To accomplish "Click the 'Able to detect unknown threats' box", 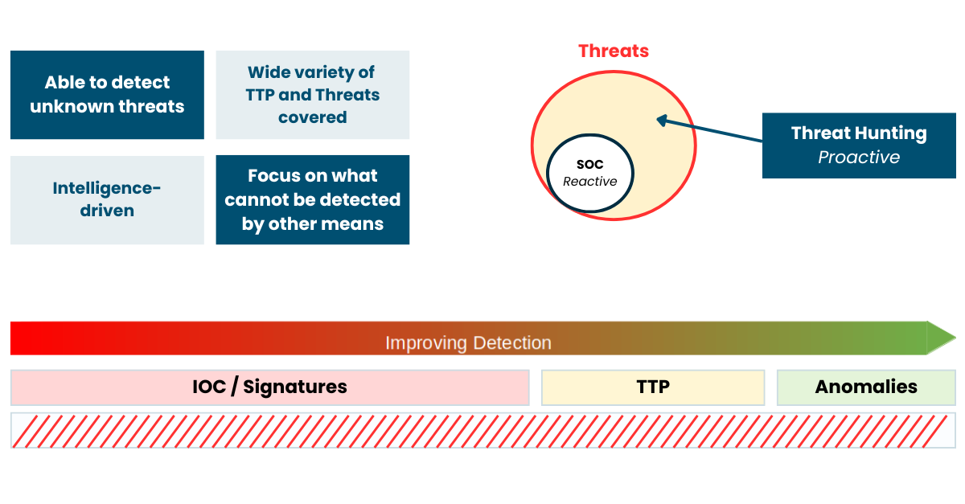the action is coord(107,95).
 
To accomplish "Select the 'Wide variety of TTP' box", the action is coord(313,95).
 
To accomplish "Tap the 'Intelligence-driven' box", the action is coord(107,200).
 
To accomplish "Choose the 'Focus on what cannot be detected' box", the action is coord(313,200).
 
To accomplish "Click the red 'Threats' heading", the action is coord(614,51).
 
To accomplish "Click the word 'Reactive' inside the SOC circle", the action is coord(590,182).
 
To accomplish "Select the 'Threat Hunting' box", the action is coord(859,145).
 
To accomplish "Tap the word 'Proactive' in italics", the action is coord(859,158).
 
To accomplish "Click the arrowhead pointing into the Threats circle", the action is coord(662,121).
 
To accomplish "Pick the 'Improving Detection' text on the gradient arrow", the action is coord(468,343).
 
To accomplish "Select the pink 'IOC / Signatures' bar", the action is coord(270,387).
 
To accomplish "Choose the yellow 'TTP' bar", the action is coord(653,387).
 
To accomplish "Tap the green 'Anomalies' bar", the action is coord(866,387).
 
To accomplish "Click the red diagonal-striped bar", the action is coord(483,431).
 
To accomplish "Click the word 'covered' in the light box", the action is coord(313,117).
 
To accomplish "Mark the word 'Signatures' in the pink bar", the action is coord(295,387).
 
